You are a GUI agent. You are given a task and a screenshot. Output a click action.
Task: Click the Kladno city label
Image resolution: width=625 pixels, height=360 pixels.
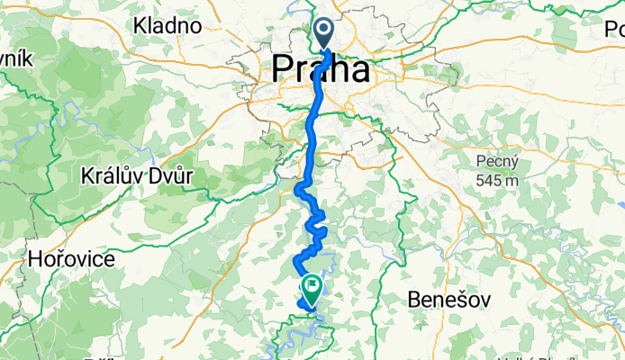pos(167,25)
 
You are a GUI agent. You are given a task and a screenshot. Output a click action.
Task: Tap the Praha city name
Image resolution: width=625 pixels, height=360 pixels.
pos(320,69)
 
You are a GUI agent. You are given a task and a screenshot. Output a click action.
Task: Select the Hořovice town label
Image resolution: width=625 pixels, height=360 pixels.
pos(71,259)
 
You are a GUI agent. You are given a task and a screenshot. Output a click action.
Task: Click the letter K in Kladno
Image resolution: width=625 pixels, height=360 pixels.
pos(140,25)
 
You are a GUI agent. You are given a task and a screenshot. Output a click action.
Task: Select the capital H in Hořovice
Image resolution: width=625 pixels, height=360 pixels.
pos(36,259)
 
